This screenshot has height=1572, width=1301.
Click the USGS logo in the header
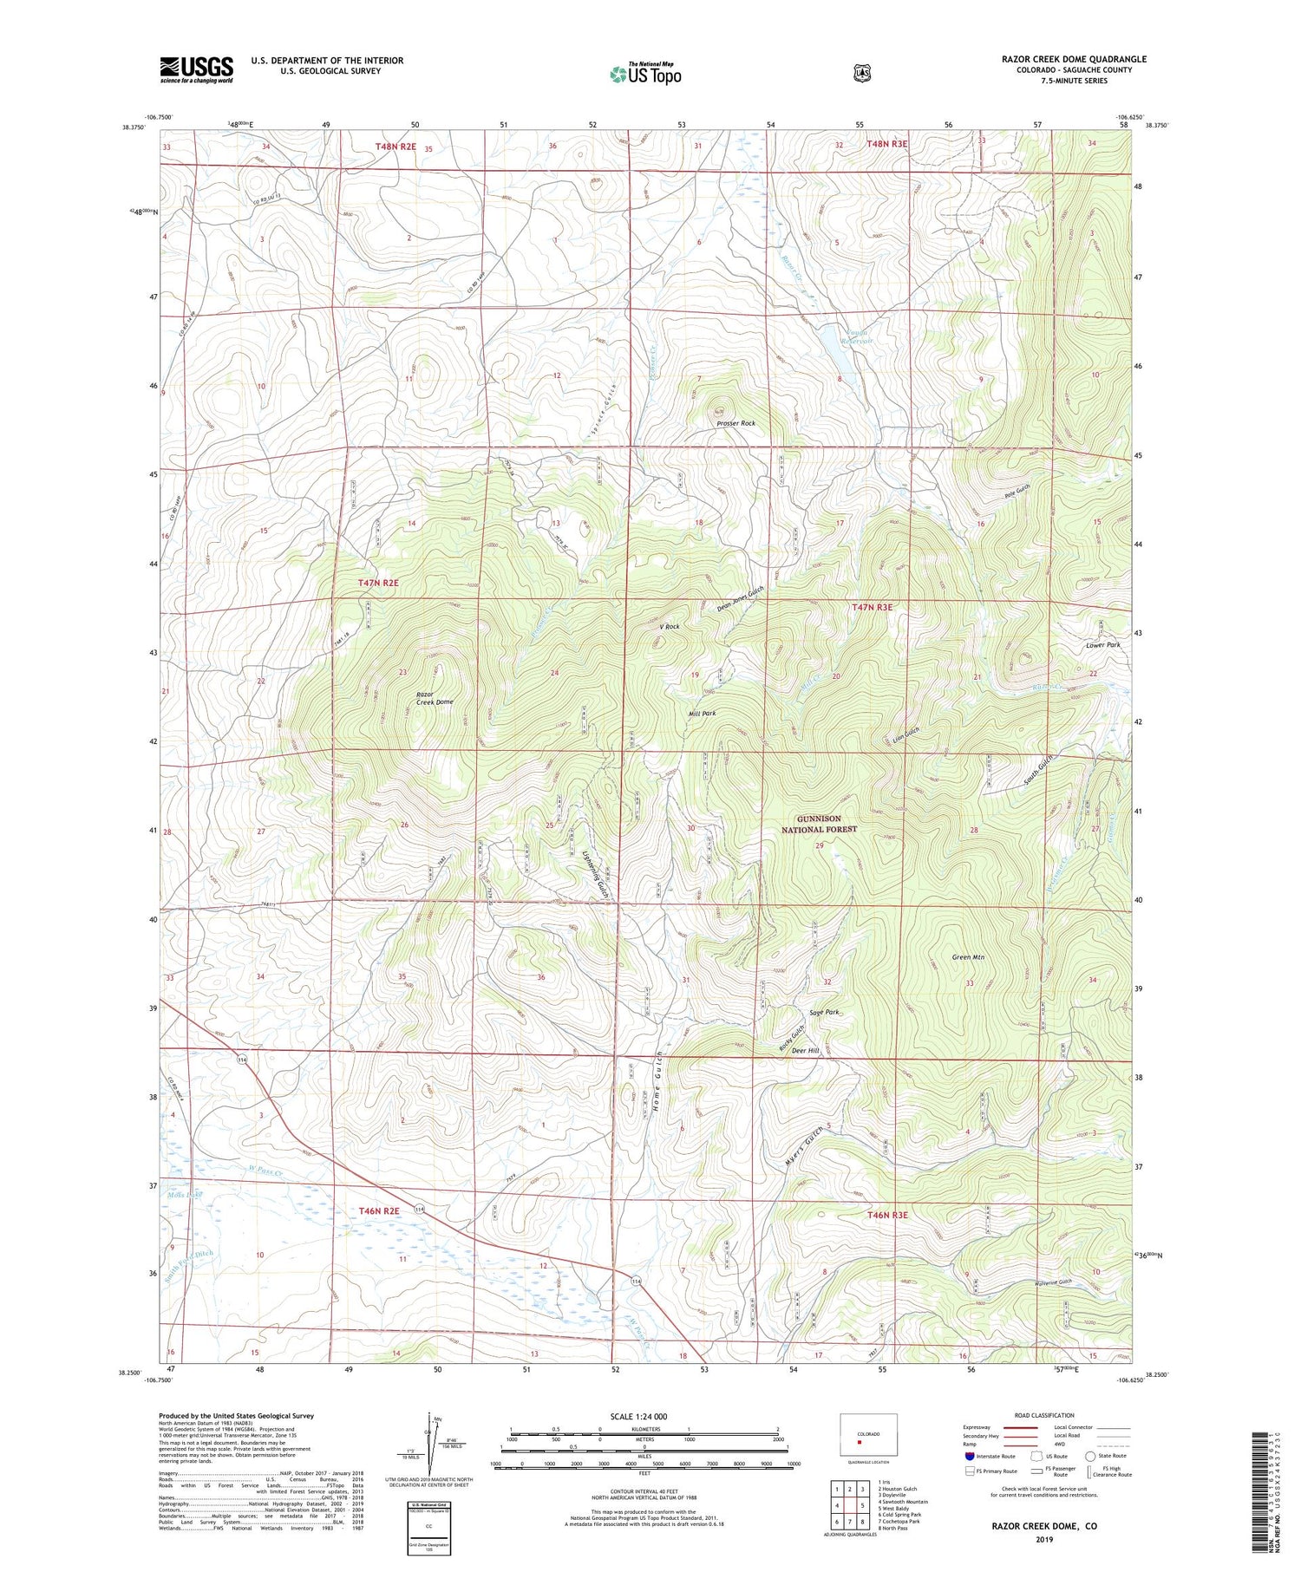click(196, 69)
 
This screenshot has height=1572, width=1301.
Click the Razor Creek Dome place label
click(435, 696)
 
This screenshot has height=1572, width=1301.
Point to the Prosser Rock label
click(735, 423)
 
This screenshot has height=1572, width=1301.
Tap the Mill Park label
click(702, 713)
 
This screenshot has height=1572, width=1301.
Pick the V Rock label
click(670, 626)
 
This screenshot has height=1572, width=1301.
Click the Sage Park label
click(824, 1012)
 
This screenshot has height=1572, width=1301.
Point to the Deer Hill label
click(806, 1050)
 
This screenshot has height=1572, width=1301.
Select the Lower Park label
click(1103, 645)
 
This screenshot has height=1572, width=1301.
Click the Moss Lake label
click(183, 1196)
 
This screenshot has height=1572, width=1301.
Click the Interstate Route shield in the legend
click(969, 1456)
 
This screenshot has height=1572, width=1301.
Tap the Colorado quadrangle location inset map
click(868, 1435)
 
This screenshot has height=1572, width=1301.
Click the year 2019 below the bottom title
click(1043, 1541)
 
